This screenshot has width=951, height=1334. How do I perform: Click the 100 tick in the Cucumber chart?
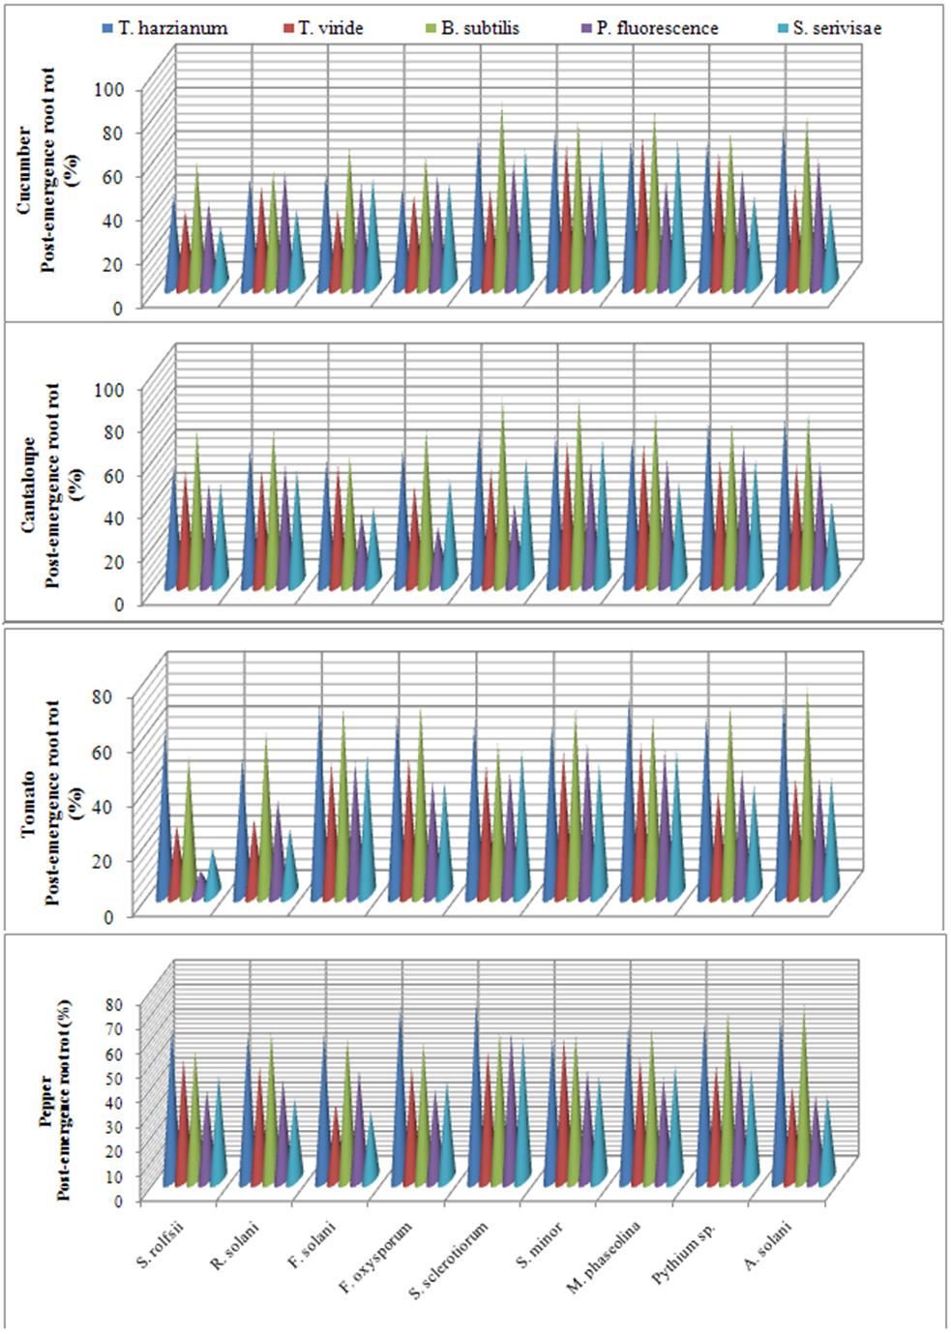(109, 90)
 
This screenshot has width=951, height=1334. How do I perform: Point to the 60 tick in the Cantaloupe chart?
(113, 475)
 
